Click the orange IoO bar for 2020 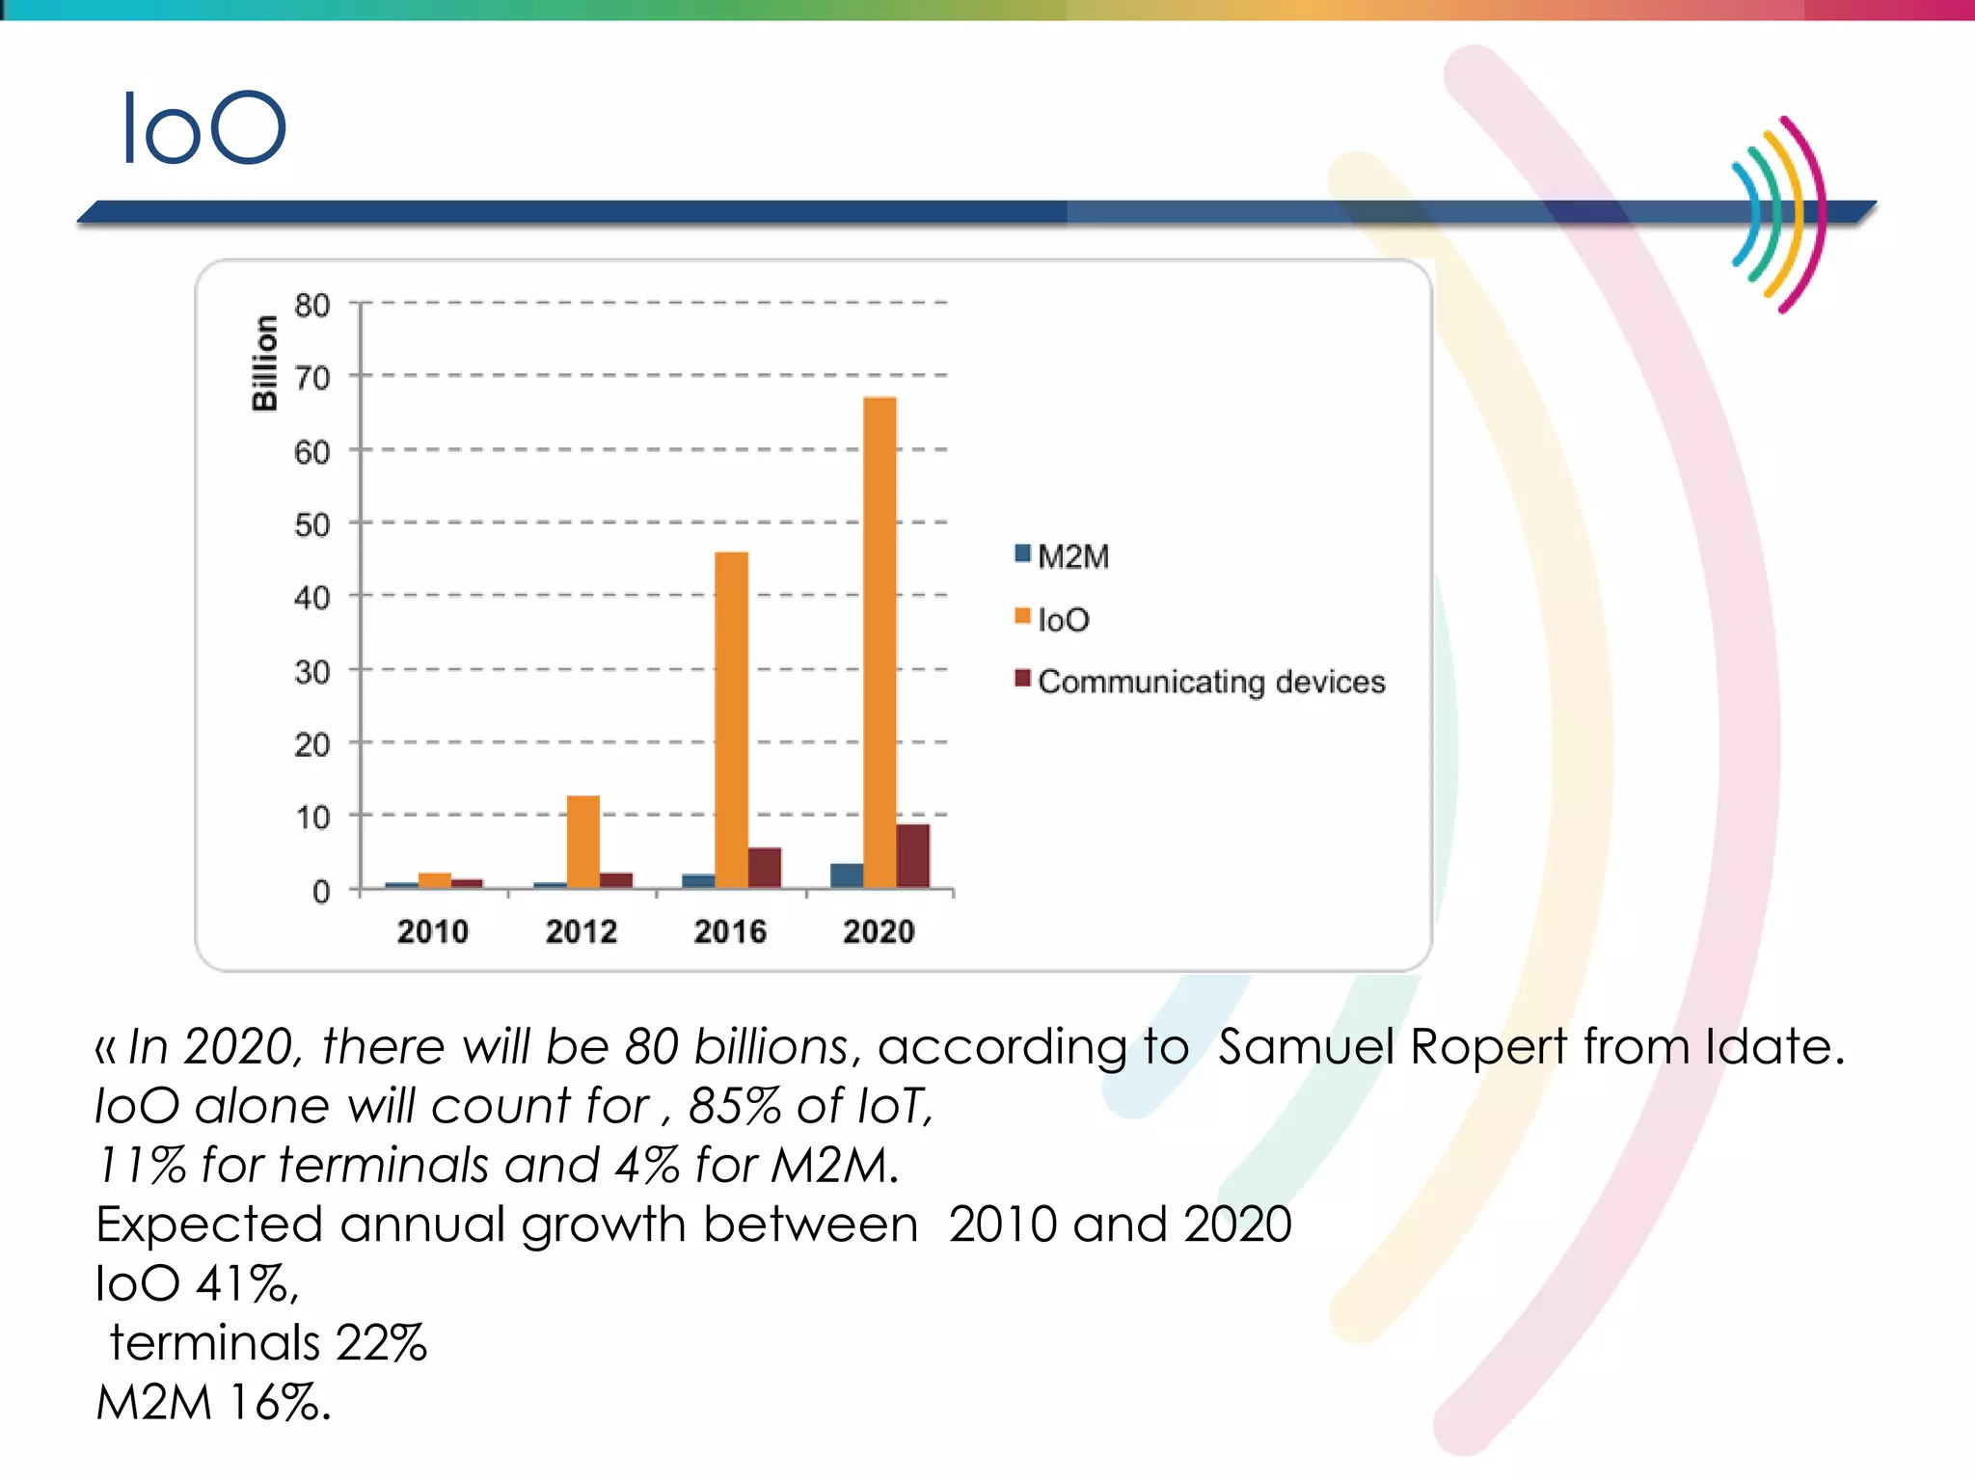tap(879, 641)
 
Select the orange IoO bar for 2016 tap(731, 718)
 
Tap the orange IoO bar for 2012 tap(582, 841)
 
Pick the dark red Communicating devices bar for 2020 tap(912, 855)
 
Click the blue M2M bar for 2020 tap(847, 875)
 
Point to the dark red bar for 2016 tap(764, 868)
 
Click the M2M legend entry tap(1063, 556)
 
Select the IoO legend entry tap(1053, 619)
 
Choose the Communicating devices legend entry tap(1201, 682)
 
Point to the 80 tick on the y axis tap(311, 306)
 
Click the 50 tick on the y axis tap(311, 525)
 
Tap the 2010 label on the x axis tap(432, 931)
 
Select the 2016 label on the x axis tap(730, 931)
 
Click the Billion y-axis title tap(264, 364)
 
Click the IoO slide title tap(203, 128)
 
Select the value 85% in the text tap(734, 1106)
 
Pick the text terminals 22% tap(268, 1343)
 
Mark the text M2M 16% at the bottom tap(213, 1402)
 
